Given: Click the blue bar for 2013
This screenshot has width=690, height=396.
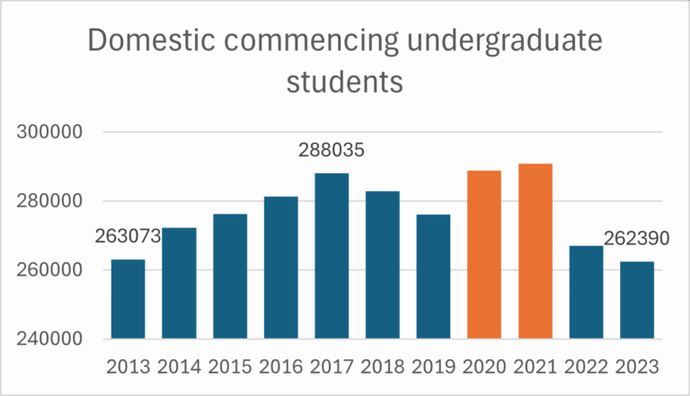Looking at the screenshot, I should [x=128, y=299].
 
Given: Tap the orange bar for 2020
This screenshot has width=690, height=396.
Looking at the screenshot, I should [x=484, y=255].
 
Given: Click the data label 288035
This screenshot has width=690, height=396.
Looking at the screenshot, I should [x=332, y=152].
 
